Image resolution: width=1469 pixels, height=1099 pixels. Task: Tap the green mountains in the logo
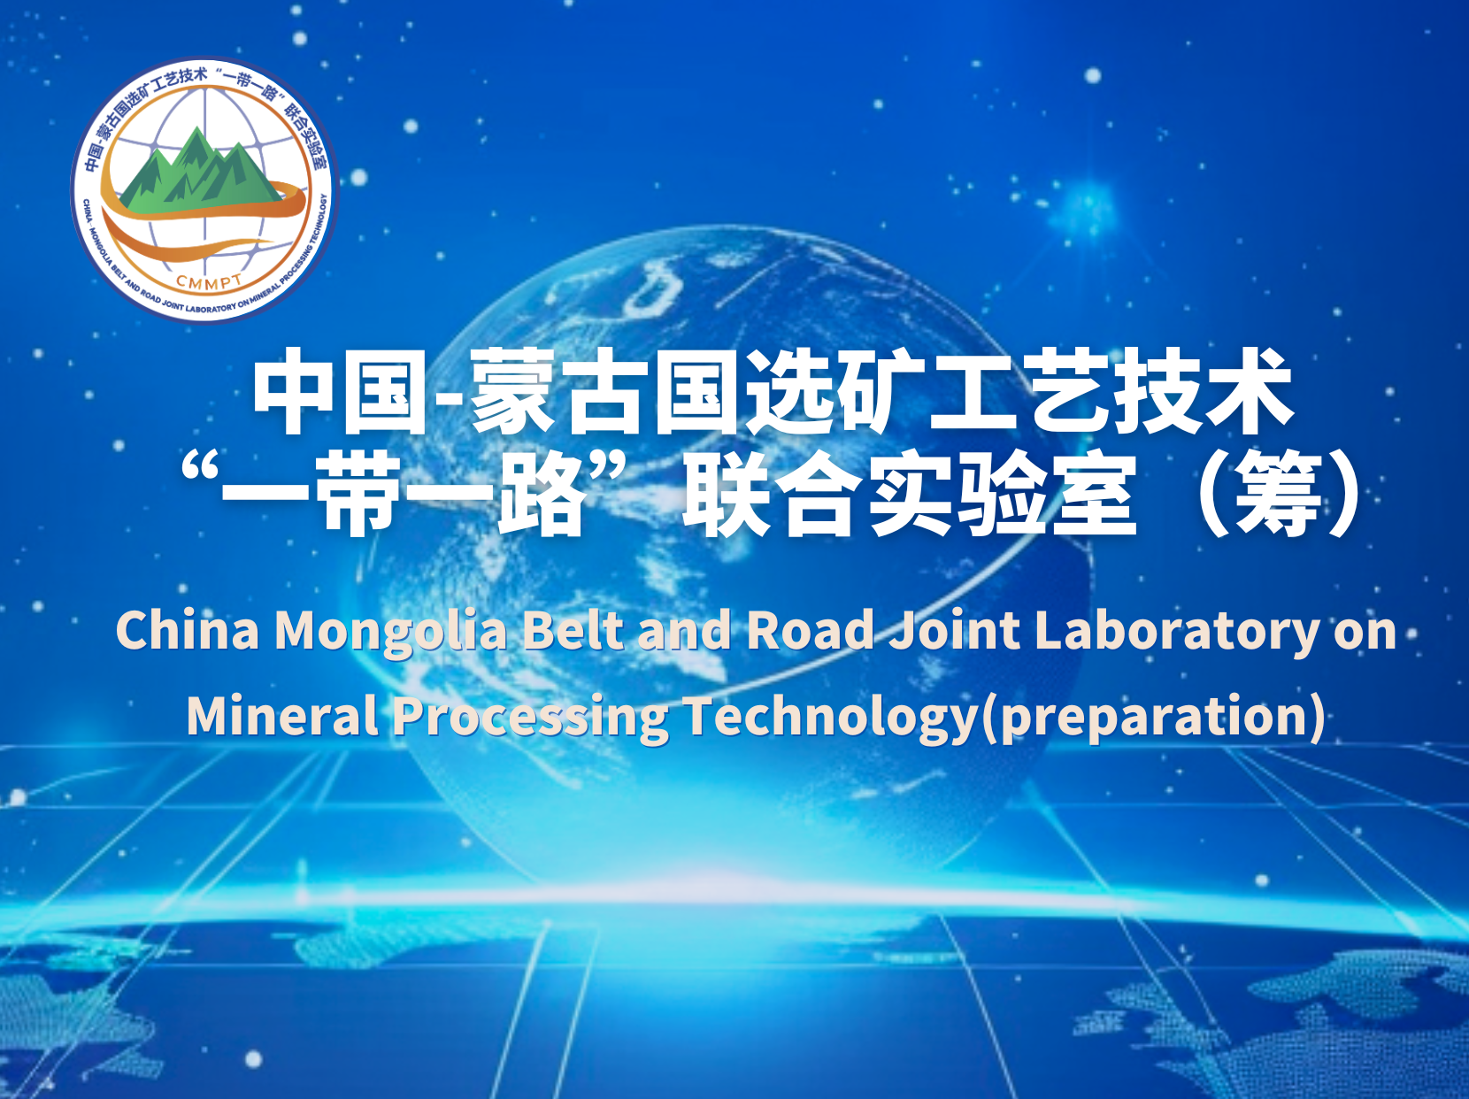tap(202, 170)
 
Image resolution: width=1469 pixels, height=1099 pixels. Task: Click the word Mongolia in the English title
tap(391, 630)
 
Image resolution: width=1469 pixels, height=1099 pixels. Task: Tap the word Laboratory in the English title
tap(1177, 630)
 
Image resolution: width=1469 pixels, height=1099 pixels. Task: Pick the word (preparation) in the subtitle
tap(1152, 717)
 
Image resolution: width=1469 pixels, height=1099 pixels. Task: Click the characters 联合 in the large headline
tap(770, 494)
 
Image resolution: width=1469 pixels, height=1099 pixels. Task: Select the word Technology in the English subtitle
tap(830, 716)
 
